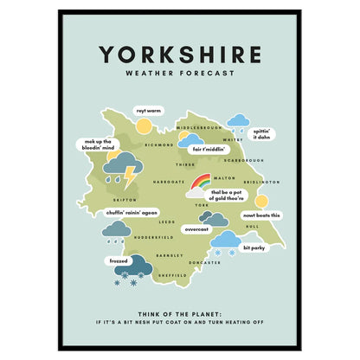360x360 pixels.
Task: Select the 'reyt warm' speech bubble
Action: (148, 111)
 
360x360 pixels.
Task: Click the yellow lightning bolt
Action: (130, 177)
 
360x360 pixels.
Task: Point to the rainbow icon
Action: (200, 183)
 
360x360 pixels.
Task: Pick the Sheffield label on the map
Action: (171, 276)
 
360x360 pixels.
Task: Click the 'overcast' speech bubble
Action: (197, 229)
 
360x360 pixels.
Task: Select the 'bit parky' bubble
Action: (254, 247)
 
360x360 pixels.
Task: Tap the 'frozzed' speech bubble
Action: (119, 260)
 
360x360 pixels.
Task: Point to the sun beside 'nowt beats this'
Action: (261, 202)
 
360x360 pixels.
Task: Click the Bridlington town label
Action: (260, 183)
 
